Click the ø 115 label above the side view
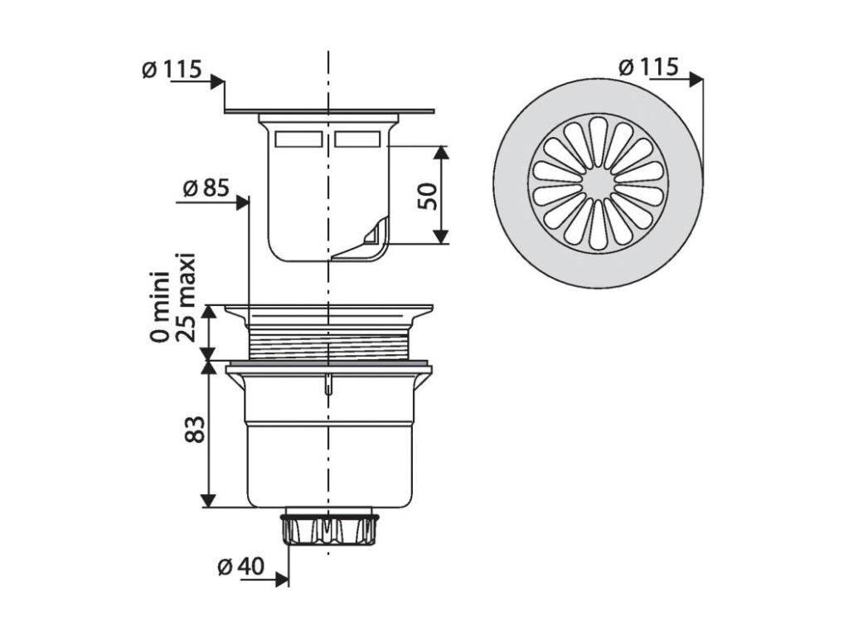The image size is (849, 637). (171, 70)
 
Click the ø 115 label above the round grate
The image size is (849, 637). (648, 67)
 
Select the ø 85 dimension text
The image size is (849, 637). (204, 189)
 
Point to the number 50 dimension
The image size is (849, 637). (426, 196)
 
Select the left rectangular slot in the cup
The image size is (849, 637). (297, 139)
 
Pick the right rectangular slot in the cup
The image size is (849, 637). (359, 139)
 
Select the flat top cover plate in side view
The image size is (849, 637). (329, 111)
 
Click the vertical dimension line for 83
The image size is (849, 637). (208, 435)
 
